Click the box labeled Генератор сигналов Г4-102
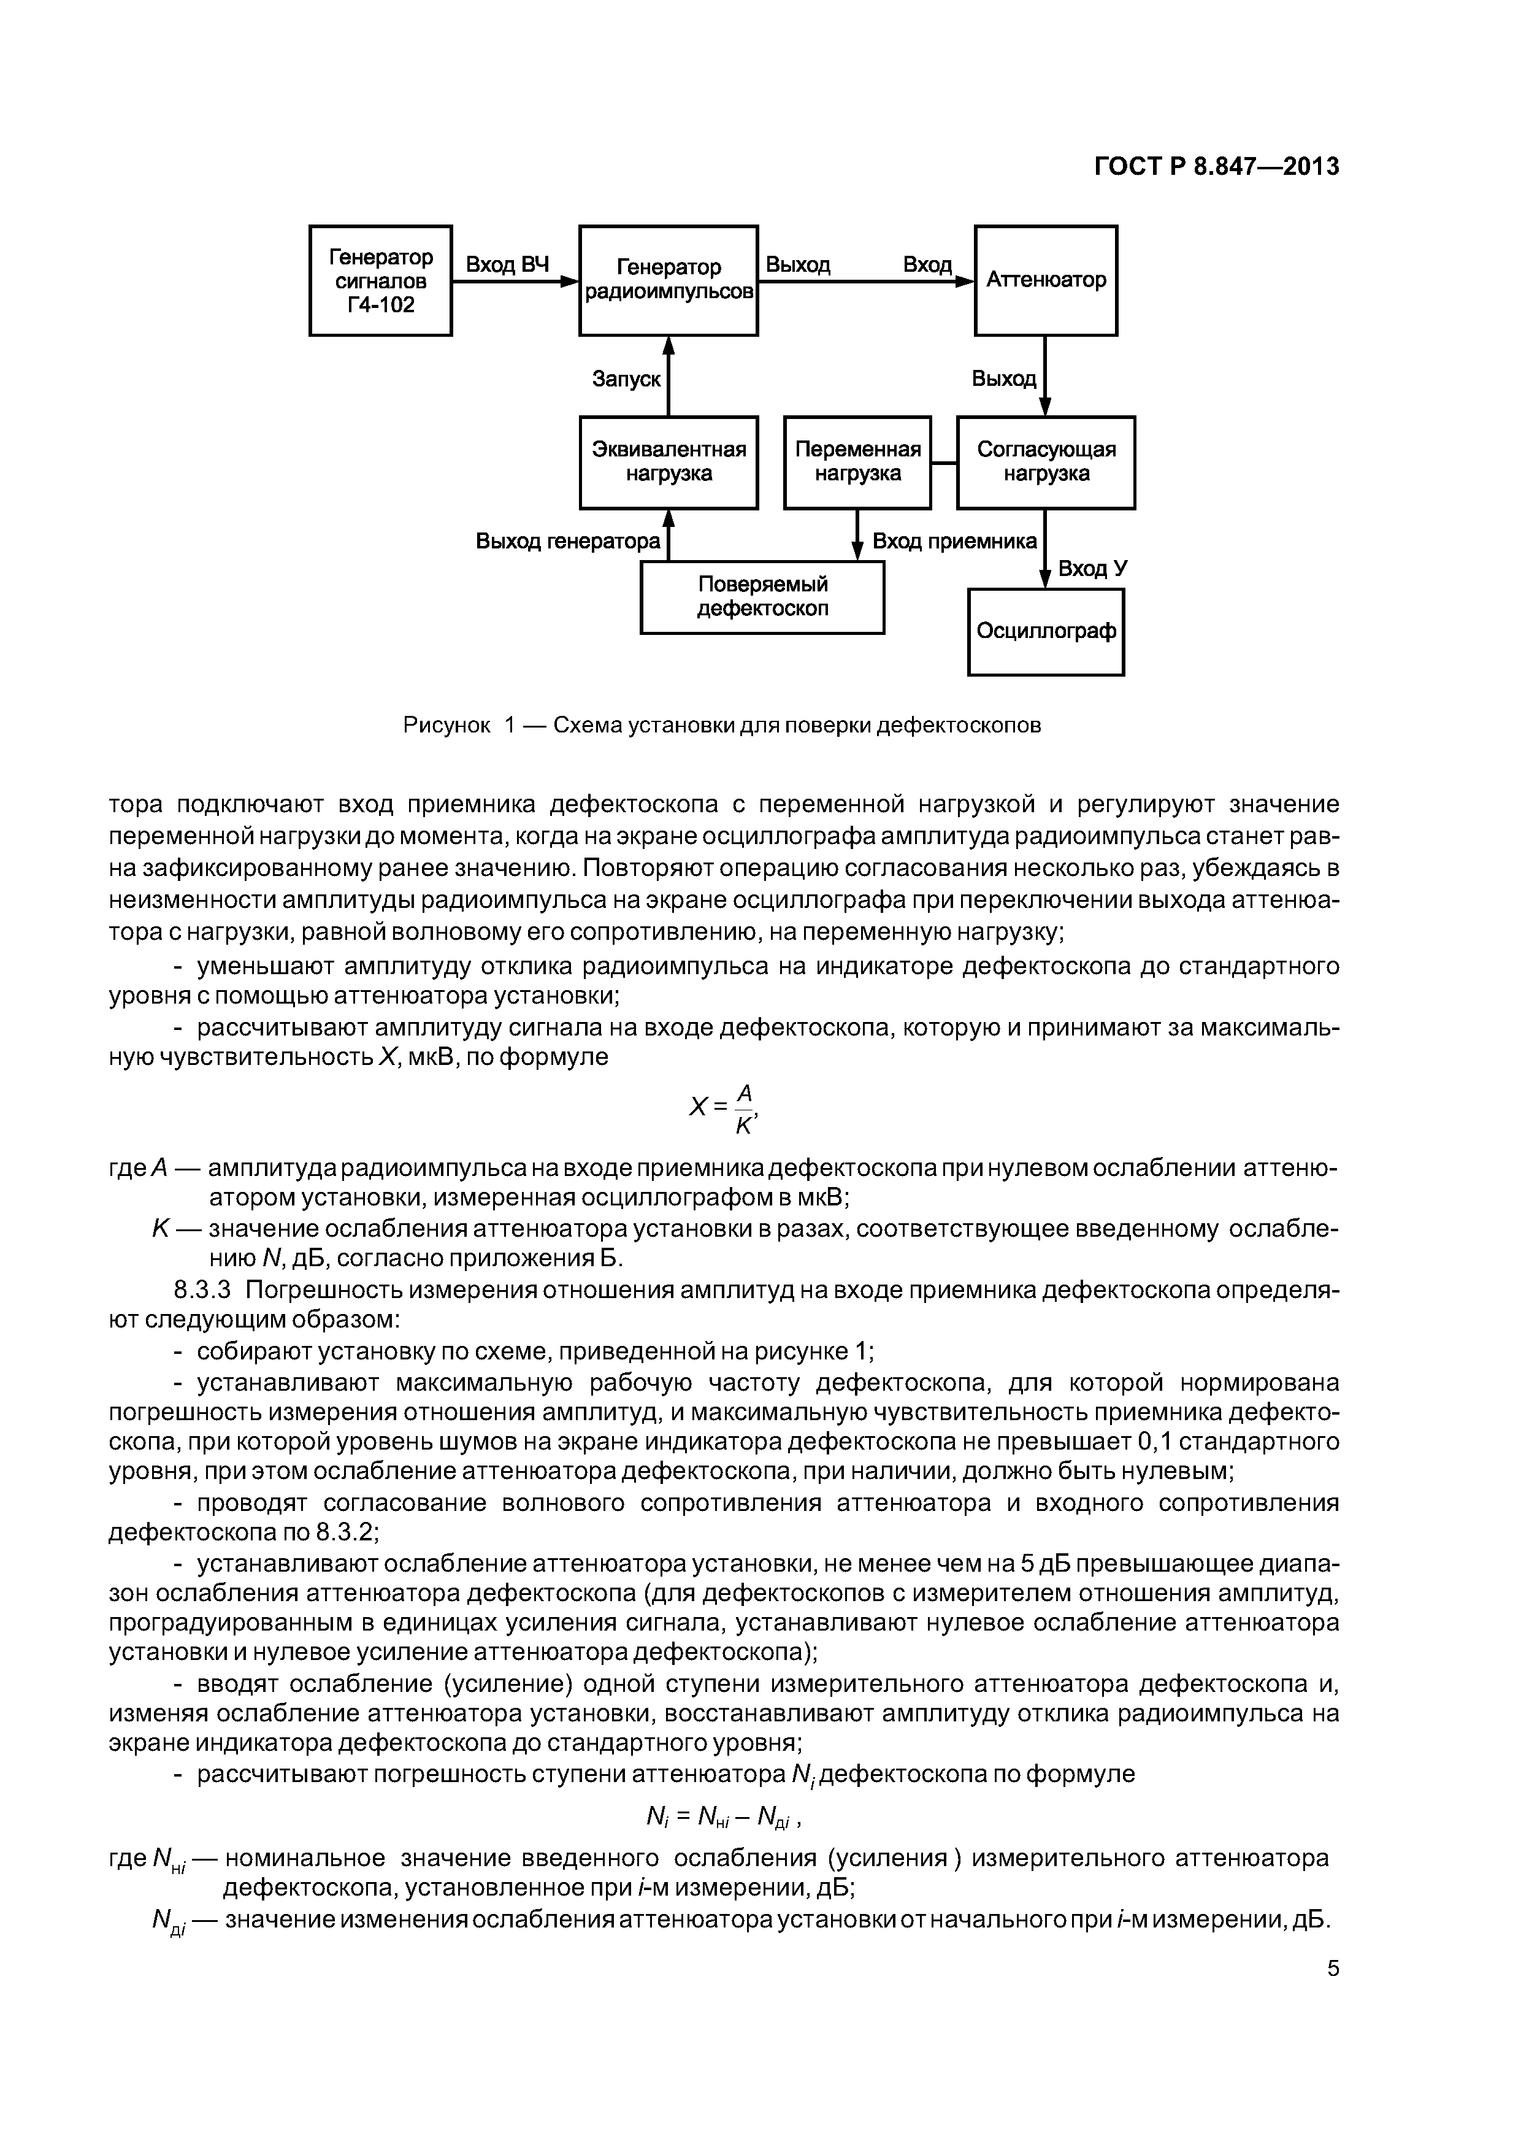[380, 280]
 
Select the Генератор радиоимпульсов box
[668, 280]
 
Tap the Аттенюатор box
[1046, 280]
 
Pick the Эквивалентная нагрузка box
[668, 462]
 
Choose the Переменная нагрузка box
[857, 462]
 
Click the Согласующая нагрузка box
[1046, 462]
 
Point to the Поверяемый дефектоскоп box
[762, 597]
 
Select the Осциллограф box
[1046, 632]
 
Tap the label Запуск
[626, 380]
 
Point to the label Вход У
[1093, 569]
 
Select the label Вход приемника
[955, 542]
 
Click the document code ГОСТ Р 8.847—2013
[1216, 167]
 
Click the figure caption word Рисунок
[447, 726]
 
